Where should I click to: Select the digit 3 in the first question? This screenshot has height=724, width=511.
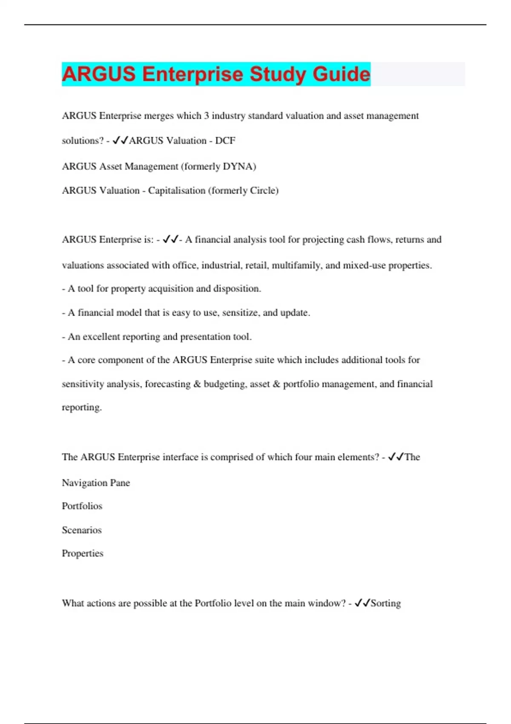207,116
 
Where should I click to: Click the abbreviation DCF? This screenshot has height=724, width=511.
225,141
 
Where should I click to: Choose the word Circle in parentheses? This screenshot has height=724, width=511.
264,190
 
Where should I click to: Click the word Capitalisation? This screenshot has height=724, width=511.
177,190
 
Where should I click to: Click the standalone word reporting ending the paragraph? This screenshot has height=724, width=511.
82,408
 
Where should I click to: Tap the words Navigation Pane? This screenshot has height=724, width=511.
96,483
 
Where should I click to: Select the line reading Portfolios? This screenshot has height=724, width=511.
82,506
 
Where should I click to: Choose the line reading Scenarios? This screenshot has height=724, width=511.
82,530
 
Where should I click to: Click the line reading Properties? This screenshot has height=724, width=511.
83,554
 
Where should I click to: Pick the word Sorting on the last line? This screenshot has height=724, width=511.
386,603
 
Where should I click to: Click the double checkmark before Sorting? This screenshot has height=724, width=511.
362,603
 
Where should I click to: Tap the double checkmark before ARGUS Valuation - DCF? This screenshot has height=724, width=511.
120,141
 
